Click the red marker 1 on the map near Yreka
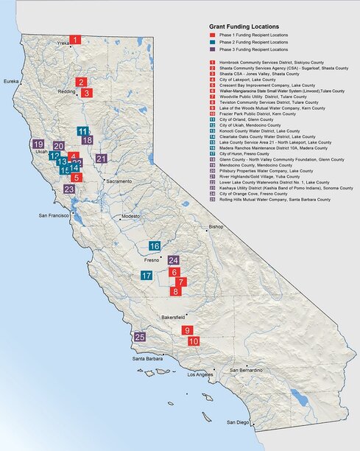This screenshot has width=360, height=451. (75, 40)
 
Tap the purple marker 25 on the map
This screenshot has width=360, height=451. (140, 337)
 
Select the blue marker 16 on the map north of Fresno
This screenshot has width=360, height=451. (155, 246)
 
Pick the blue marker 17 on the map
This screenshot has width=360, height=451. (147, 276)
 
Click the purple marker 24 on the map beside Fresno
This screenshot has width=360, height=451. (174, 260)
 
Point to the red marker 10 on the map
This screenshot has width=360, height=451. (194, 341)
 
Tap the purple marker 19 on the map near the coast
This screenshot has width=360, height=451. (38, 144)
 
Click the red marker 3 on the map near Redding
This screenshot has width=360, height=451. (86, 93)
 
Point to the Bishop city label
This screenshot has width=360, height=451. (216, 227)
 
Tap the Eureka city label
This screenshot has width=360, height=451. (11, 81)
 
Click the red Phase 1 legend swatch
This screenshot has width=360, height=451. (212, 35)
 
